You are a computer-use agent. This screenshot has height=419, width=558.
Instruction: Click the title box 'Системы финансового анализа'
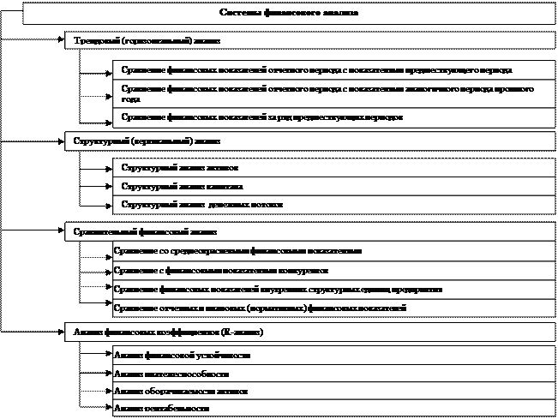point(289,13)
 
